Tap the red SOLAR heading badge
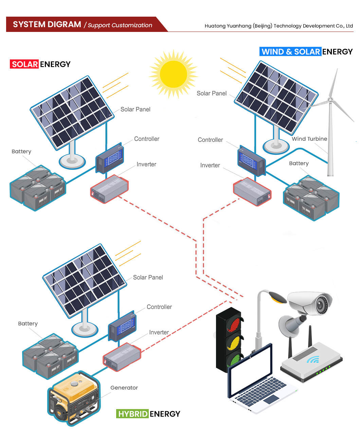(24, 64)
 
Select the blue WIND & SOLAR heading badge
(290, 52)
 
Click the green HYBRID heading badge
(132, 414)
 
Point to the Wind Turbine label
(309, 139)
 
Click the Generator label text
(124, 387)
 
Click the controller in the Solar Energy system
(110, 158)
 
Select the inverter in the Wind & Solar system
(252, 192)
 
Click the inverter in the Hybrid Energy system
(122, 357)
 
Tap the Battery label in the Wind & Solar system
(299, 163)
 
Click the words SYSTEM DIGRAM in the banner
(47, 24)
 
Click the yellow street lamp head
(277, 297)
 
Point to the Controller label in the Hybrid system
(159, 307)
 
